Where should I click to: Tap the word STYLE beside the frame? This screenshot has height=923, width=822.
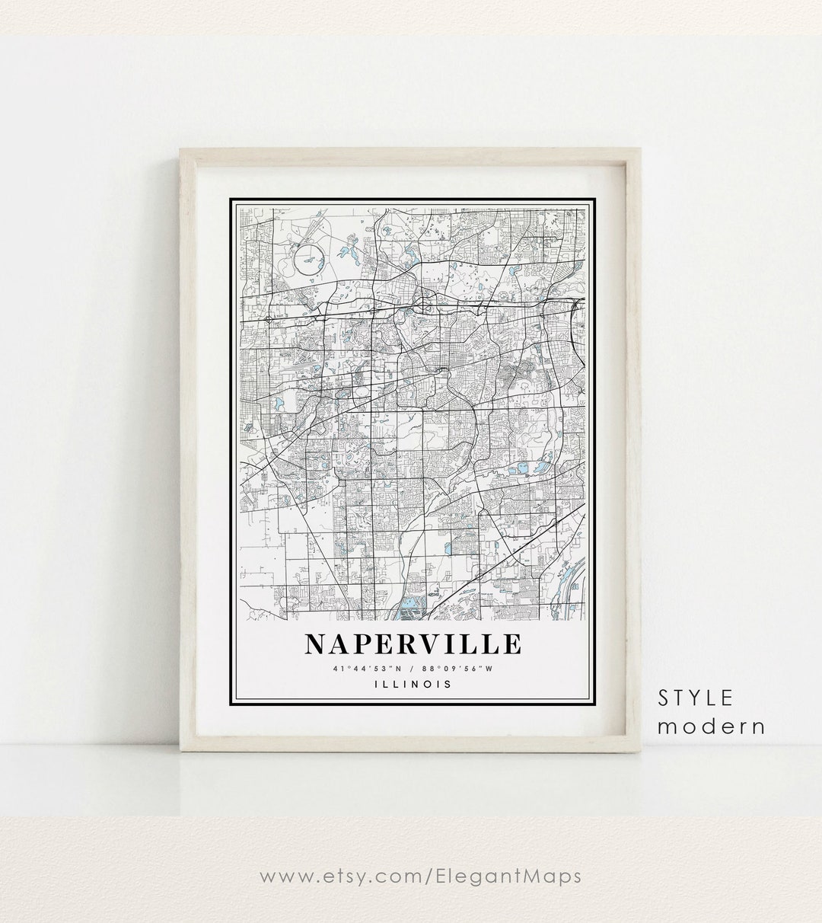coord(696,697)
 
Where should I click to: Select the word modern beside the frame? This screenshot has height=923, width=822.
coord(711,726)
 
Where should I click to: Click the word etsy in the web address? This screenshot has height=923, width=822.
coord(345,877)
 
